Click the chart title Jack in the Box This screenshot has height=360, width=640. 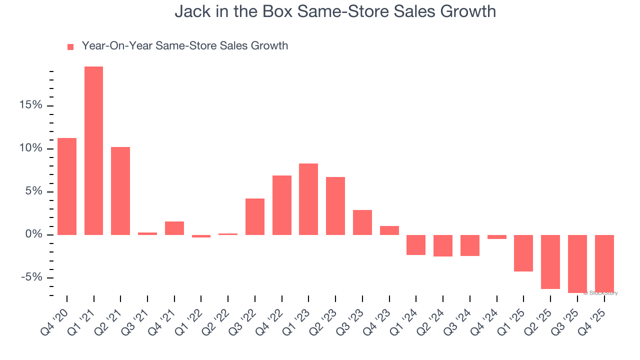[x=335, y=11]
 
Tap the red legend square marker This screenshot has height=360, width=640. [x=70, y=46]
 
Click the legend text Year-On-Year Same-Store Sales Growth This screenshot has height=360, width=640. [x=184, y=46]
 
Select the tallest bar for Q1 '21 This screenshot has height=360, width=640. [x=93, y=150]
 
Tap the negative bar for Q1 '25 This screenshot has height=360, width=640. [x=523, y=253]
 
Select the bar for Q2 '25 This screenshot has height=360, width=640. [x=550, y=261]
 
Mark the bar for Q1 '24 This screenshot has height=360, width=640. [x=416, y=245]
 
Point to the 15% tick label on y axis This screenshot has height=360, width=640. [x=31, y=105]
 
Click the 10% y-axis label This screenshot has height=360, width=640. [x=31, y=148]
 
